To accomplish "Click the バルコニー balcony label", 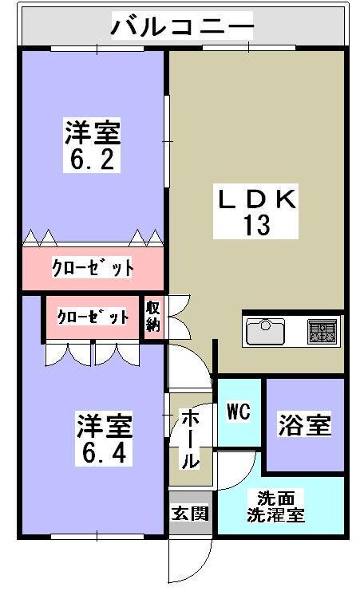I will pos(182,27).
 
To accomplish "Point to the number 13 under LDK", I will pos(257,225).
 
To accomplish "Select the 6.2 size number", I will pos(92,159).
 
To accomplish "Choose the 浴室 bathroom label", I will pos(303,425).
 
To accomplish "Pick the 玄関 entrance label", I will pos(190,511).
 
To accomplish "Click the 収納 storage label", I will pos(153,317).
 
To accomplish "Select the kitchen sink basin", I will pos(266,329).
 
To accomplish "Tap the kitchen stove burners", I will pos(322,329).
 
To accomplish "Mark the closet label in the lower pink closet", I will pos(93,317).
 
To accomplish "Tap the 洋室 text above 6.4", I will pos(104,425).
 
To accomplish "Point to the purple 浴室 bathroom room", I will pos(304,447).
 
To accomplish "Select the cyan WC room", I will pos(239,431).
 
